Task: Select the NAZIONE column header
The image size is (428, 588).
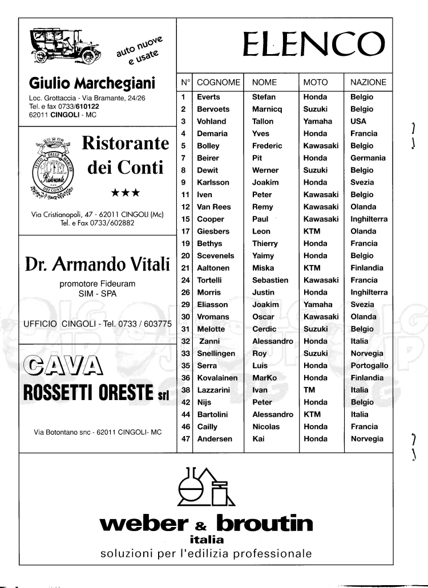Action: click(x=368, y=83)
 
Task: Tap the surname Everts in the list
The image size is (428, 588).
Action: click(x=208, y=97)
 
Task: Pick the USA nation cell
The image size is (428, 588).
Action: click(x=358, y=121)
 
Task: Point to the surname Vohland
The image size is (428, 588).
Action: click(x=211, y=121)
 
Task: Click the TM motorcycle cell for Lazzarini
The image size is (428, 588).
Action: click(x=309, y=390)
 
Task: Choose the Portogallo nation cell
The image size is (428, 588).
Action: click(x=369, y=366)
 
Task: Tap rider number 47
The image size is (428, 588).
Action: click(x=185, y=439)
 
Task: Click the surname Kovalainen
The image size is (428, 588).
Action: click(x=218, y=378)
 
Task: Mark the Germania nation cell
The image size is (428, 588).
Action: click(x=368, y=158)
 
